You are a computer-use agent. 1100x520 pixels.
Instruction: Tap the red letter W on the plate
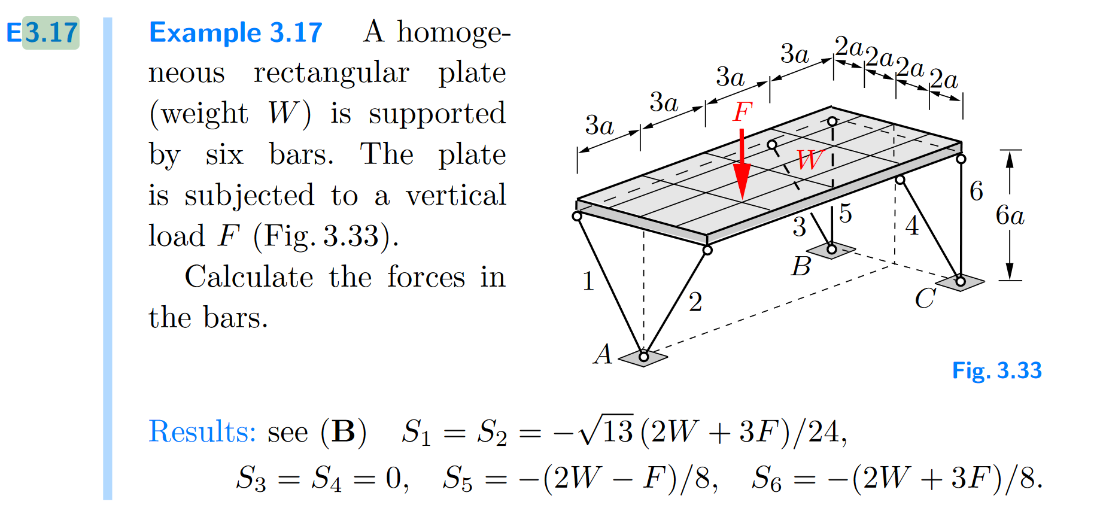click(x=809, y=160)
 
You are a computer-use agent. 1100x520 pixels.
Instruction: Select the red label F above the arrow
click(x=742, y=111)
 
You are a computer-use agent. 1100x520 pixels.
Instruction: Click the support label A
click(x=603, y=354)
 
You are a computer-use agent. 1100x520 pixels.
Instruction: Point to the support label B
click(x=801, y=266)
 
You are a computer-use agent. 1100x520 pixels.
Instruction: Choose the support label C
click(x=925, y=298)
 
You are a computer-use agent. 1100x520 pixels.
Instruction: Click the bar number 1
click(x=588, y=281)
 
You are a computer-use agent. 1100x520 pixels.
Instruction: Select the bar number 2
click(x=695, y=302)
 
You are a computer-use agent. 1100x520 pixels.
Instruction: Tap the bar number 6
click(x=976, y=191)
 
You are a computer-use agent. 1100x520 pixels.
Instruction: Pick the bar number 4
click(x=911, y=226)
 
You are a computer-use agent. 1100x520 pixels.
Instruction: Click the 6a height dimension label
click(x=1010, y=215)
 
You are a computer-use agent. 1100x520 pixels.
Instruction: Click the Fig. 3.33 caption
click(x=996, y=370)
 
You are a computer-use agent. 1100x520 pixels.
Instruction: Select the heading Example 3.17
click(x=236, y=32)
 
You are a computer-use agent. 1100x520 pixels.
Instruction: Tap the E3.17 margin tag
click(x=42, y=32)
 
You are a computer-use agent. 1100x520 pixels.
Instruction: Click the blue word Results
click(x=202, y=431)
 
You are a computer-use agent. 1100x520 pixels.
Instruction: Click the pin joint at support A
click(x=643, y=357)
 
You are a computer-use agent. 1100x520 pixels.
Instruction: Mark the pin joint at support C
click(x=960, y=281)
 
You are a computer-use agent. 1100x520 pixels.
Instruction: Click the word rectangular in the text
click(x=331, y=73)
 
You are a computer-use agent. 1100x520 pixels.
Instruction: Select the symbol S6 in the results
click(x=767, y=479)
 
